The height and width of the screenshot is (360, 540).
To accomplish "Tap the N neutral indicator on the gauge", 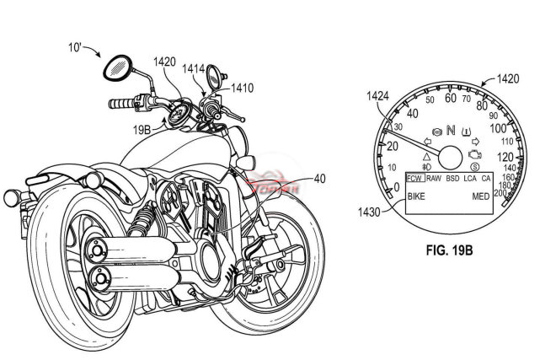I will pyautogui.click(x=451, y=131).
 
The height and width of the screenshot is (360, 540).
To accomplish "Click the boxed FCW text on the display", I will pyautogui.click(x=414, y=179).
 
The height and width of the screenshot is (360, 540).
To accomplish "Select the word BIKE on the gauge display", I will pyautogui.click(x=416, y=196).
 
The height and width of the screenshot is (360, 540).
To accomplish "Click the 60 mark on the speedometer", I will pyautogui.click(x=452, y=99).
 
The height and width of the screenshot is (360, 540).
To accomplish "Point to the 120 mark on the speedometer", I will pyautogui.click(x=505, y=157).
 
